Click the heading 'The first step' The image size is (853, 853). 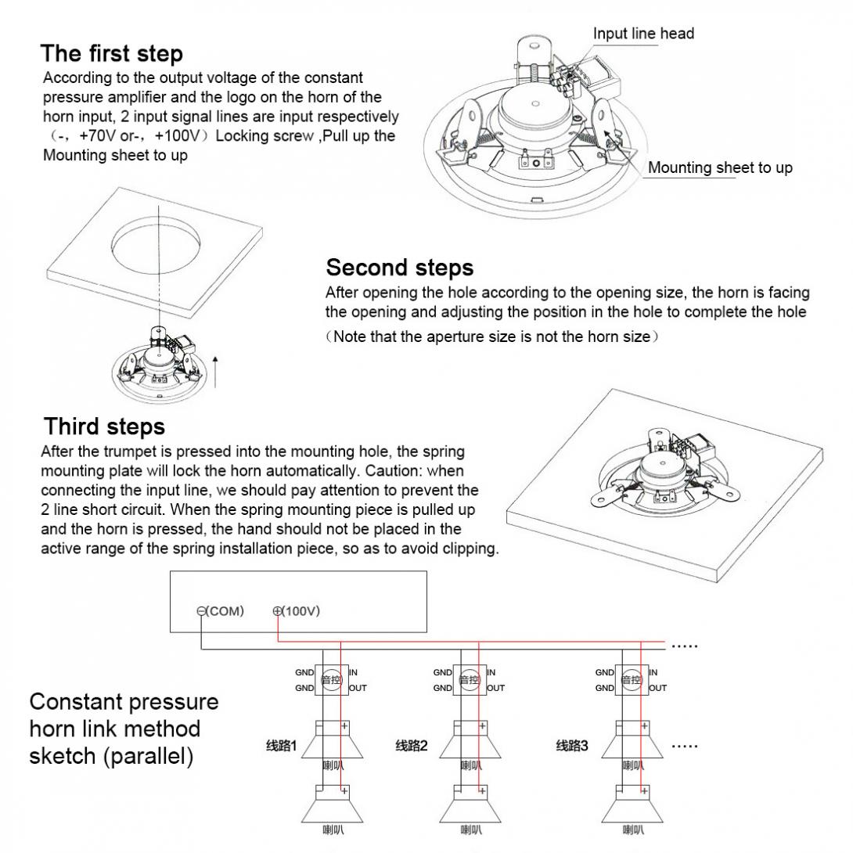click(x=112, y=53)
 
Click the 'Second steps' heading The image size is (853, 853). click(x=399, y=268)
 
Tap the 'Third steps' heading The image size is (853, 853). click(x=104, y=426)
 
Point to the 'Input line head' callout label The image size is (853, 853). click(x=643, y=33)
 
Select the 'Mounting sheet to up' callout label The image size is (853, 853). click(x=719, y=167)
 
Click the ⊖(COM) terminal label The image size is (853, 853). click(x=221, y=611)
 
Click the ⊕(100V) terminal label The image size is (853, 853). click(x=297, y=611)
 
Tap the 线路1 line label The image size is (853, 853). click(x=281, y=746)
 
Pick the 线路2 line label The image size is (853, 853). click(x=412, y=746)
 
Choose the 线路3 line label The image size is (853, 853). click(x=572, y=746)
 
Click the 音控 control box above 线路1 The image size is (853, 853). click(x=331, y=680)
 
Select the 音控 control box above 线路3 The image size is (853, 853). click(x=632, y=680)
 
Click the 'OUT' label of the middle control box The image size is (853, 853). click(x=496, y=689)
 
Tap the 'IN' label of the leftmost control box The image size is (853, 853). click(x=353, y=672)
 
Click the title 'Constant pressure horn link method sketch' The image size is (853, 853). click(x=124, y=729)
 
